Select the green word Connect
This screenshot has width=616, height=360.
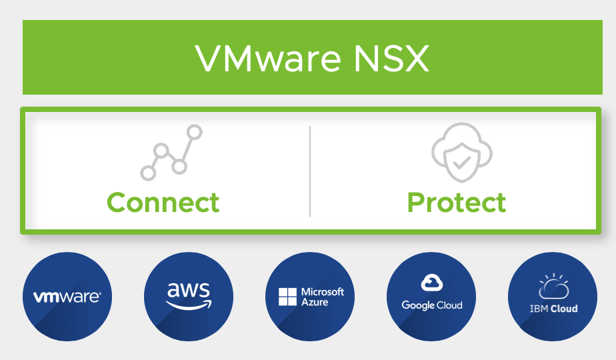163,202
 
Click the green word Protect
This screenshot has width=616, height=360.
457,202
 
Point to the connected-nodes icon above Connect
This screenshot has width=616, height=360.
171,152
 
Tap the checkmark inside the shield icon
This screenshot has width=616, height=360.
461,161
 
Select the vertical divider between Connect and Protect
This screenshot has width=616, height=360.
310,171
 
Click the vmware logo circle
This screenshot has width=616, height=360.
67,297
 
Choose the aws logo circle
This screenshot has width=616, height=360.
189,297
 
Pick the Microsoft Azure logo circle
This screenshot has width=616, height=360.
310,297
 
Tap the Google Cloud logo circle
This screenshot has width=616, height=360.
431,297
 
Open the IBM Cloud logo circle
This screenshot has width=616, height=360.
553,297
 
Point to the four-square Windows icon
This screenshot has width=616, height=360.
287,297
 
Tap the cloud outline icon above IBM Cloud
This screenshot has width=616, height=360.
553,287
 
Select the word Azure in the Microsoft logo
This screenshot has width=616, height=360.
315,302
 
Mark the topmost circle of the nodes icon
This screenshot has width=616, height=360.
195,132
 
